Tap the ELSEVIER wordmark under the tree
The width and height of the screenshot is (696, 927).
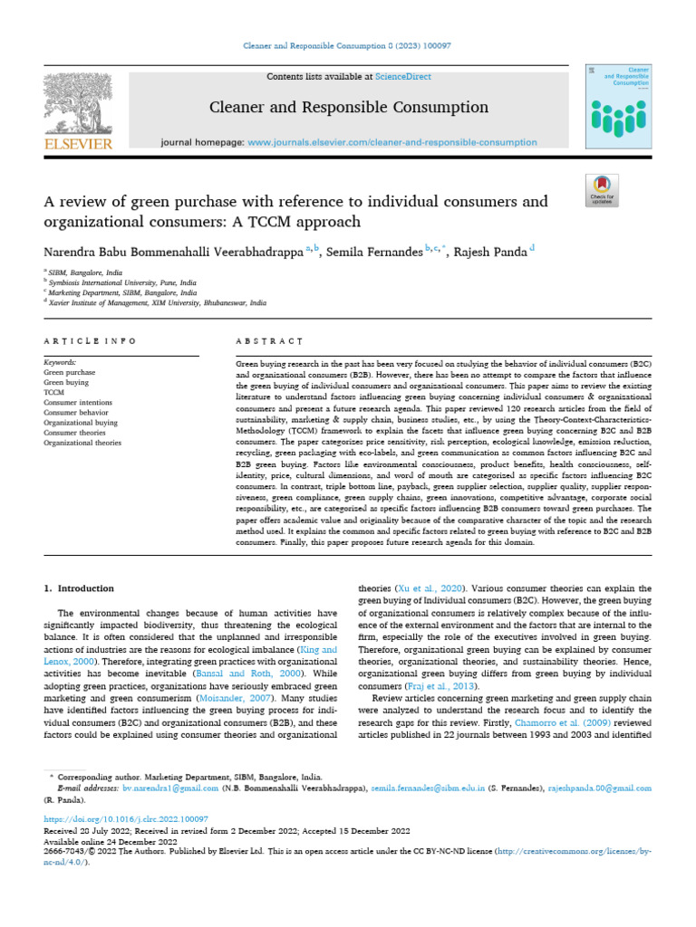[x=78, y=144]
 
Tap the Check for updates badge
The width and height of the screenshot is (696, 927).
[x=602, y=190]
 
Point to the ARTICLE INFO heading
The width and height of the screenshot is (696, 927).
[x=90, y=340]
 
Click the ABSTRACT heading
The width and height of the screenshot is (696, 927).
[x=256, y=340]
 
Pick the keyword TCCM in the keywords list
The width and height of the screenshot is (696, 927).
[x=54, y=393]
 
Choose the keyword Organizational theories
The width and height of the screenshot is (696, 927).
[x=82, y=443]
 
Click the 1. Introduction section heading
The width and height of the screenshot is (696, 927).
[x=79, y=588]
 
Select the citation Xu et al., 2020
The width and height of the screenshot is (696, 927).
[x=418, y=588]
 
